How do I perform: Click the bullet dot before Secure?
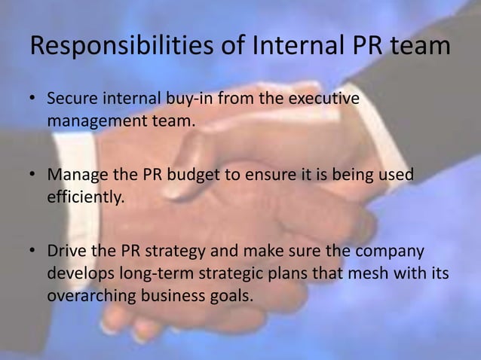33,99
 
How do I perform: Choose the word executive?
326,99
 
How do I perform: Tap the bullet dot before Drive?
33,251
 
